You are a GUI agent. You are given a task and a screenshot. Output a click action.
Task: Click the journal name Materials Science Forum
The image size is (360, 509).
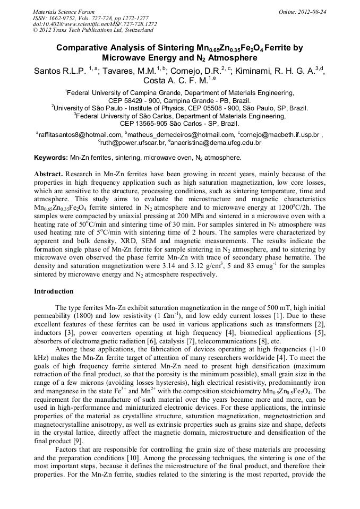tap(64, 11)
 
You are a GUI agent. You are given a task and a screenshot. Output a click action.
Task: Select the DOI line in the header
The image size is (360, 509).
tap(95, 24)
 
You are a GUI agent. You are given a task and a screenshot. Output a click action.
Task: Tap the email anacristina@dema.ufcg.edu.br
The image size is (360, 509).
tap(215, 143)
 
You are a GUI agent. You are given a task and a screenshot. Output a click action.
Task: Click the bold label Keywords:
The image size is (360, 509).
tap(51, 158)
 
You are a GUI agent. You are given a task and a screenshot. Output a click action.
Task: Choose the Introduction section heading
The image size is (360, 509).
tap(54, 291)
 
